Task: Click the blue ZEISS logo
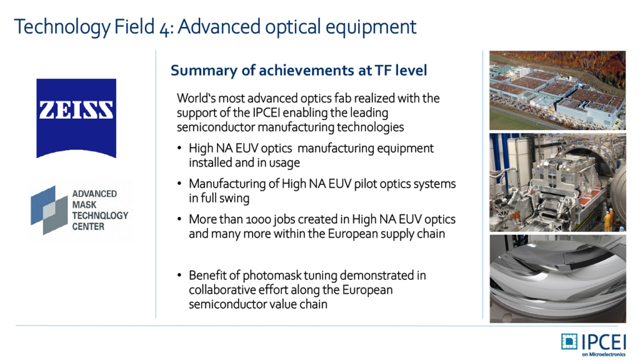[76, 118]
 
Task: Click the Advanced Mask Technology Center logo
[80, 210]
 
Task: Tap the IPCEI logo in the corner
[594, 345]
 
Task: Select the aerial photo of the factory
[557, 90]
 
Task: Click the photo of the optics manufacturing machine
[557, 182]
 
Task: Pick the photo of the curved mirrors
[557, 279]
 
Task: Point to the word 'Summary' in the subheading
[203, 71]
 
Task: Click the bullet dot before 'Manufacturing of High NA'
[179, 184]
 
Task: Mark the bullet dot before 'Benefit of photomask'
[179, 275]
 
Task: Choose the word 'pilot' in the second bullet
[365, 184]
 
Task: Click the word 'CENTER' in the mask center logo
[88, 226]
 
